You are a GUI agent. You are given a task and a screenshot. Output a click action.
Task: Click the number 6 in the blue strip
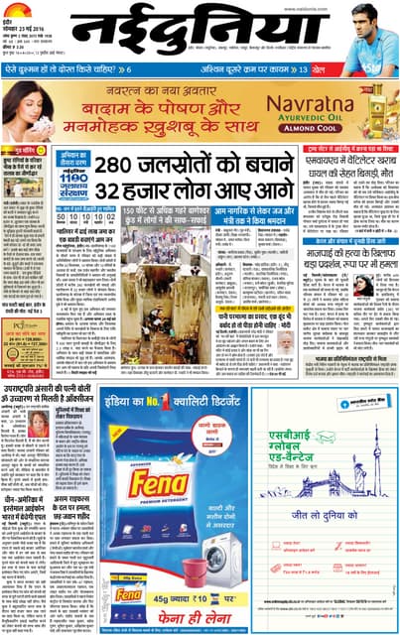click(127, 69)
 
